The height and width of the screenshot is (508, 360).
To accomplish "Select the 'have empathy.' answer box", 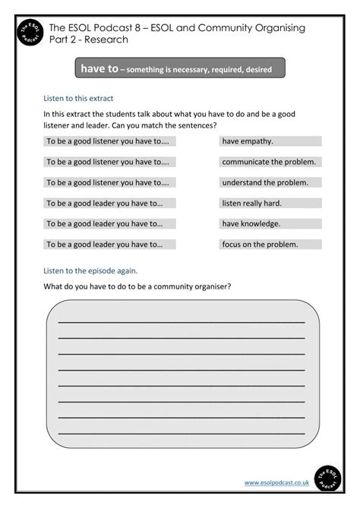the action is tap(270, 141).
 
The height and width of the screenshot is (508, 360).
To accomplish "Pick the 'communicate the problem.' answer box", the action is tap(270, 162).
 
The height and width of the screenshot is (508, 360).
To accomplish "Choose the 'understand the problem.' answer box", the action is tap(270, 182).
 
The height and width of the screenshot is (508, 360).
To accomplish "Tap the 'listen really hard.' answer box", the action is tap(270, 204).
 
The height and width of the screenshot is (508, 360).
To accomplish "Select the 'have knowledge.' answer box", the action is tap(270, 224).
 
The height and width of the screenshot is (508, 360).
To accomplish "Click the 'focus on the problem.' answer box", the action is tap(270, 245).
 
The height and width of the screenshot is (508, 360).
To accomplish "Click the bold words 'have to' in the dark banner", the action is tap(99, 68).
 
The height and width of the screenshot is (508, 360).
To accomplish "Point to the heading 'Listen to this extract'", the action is tap(79, 98).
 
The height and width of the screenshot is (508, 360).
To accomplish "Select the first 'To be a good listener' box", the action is tap(109, 141).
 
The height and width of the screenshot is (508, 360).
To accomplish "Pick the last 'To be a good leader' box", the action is tap(109, 245).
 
